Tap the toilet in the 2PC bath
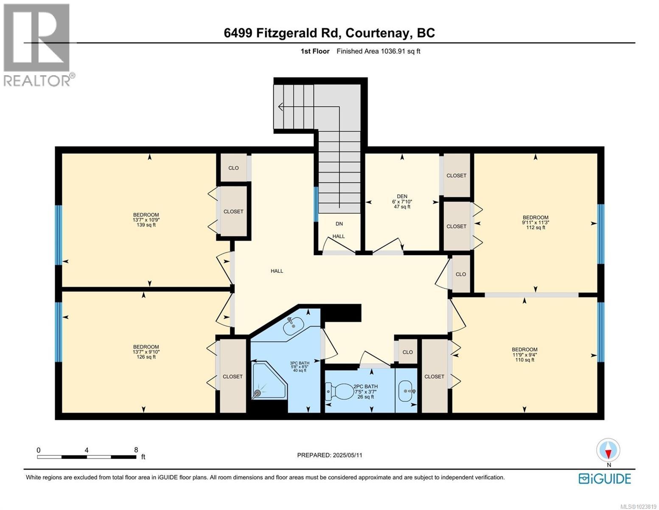339,391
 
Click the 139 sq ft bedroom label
146,220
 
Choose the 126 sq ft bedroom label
146,352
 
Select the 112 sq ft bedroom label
535,222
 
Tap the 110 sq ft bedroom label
524,354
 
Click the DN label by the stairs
339,224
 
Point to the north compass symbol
608,451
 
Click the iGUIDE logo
605,479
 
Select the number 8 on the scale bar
136,450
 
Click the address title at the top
329,33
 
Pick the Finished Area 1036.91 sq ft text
378,51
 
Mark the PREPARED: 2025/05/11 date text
330,455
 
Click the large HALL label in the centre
277,271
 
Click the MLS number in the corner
637,506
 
